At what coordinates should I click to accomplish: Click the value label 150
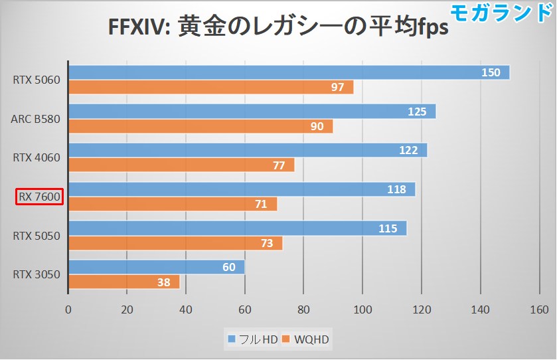click(490, 72)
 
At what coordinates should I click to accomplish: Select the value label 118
click(396, 189)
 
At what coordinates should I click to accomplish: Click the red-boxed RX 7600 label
click(39, 197)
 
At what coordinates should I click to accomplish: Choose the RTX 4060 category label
click(37, 158)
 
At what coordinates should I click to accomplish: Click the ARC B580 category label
click(35, 120)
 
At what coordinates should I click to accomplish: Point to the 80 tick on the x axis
click(303, 310)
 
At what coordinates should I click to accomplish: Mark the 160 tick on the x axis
click(539, 310)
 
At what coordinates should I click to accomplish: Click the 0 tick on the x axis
click(68, 310)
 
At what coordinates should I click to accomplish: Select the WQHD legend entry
click(306, 340)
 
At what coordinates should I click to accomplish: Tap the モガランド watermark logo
click(501, 13)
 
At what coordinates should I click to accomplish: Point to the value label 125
click(417, 112)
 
